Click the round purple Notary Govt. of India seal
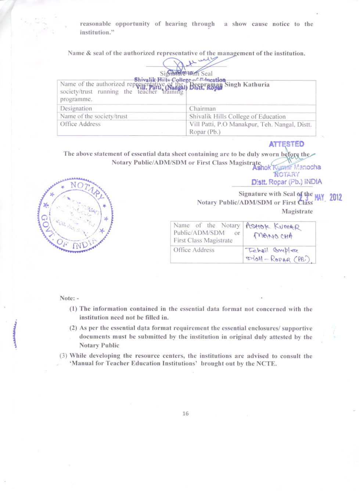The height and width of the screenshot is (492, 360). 75,216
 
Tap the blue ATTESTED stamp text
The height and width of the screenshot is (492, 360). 286,144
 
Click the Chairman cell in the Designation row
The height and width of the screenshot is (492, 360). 202,109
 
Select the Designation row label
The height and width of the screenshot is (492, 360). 76,108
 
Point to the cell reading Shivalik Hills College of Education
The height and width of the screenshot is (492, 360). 237,116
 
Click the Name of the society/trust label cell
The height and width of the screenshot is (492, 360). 94,116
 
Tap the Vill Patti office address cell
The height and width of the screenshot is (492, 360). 250,128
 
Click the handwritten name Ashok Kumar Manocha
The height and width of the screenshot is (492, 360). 273,231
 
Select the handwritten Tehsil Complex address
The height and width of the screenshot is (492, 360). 278,255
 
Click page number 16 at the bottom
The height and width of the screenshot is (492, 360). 186,413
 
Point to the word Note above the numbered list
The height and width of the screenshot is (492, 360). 67,298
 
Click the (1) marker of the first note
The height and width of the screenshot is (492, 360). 73,309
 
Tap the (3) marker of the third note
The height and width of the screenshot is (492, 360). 64,356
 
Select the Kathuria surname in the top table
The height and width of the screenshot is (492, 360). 256,84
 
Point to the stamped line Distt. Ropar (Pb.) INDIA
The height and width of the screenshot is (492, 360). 287,182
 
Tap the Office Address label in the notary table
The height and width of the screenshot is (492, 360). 194,250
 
